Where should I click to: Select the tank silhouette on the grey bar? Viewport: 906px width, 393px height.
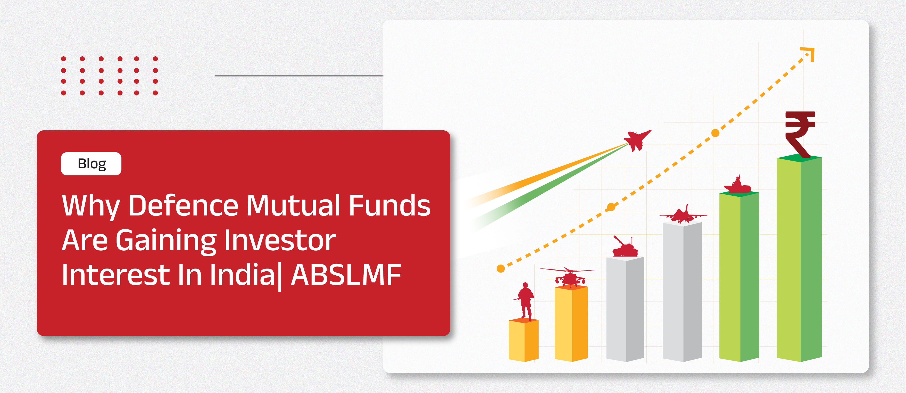click(x=625, y=247)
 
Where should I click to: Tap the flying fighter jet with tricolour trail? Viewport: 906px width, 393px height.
click(x=637, y=140)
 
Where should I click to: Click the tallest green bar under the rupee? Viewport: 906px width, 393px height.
click(x=799, y=260)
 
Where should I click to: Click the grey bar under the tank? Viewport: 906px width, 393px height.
click(x=625, y=309)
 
